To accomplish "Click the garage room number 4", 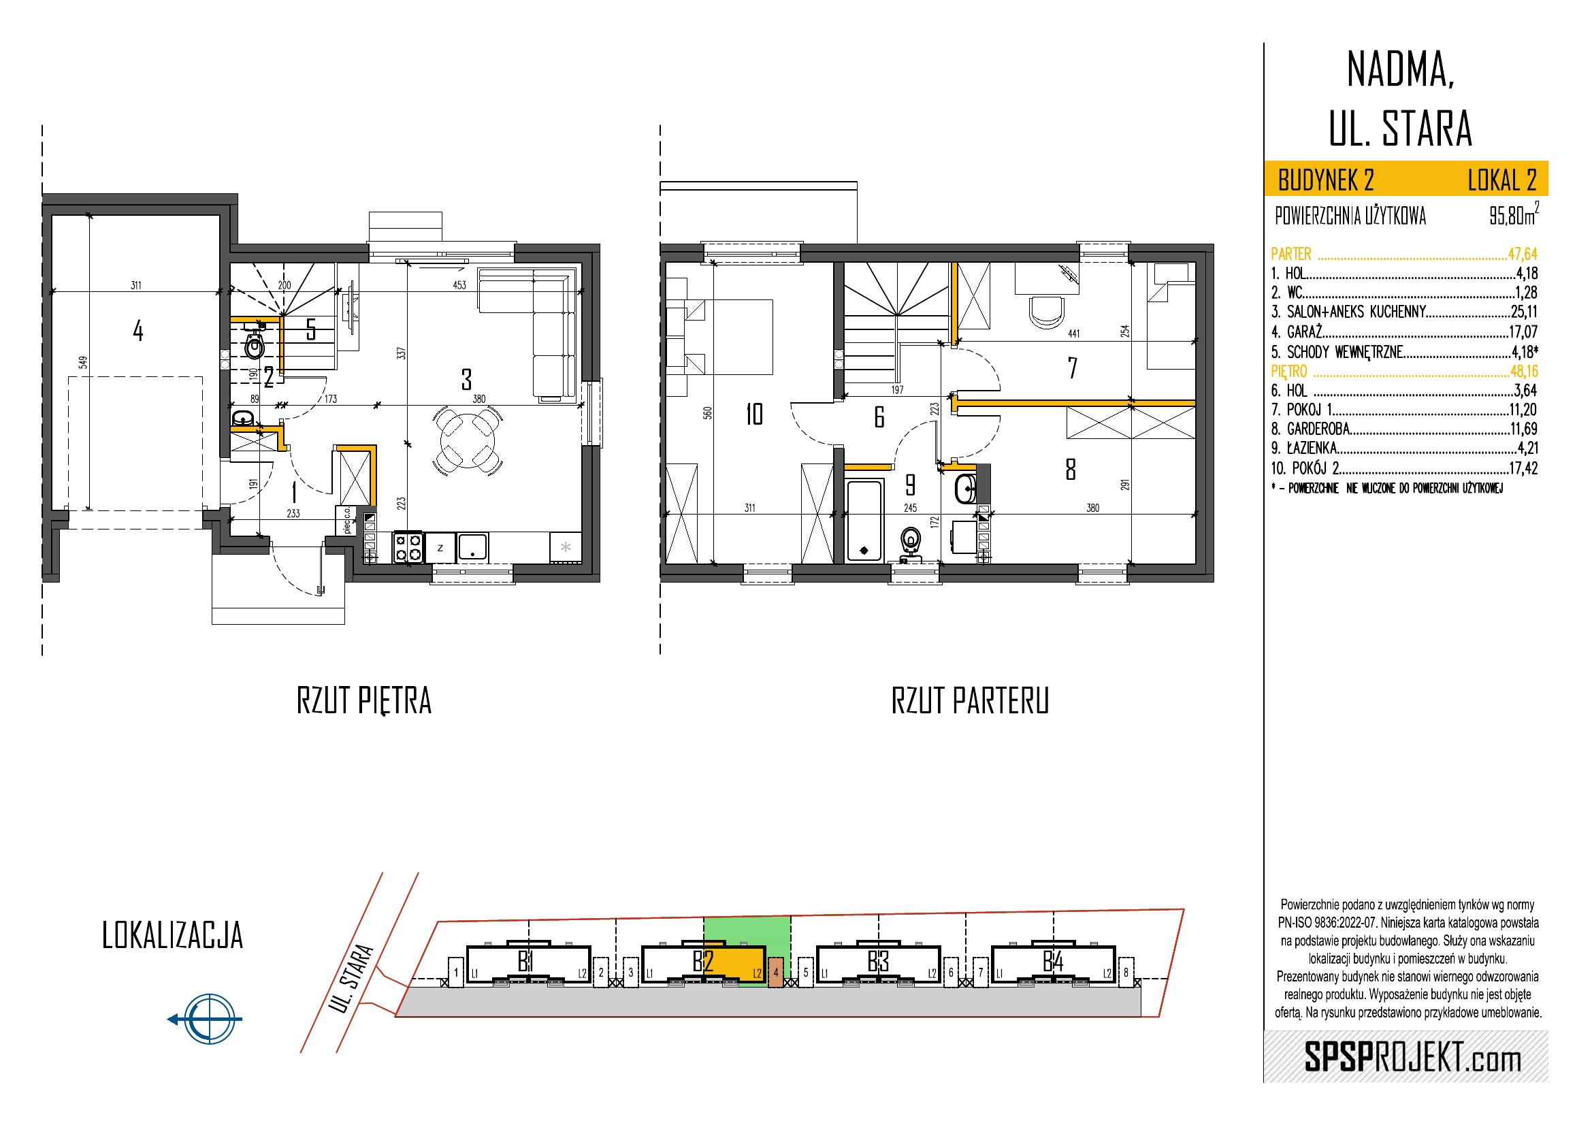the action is pyautogui.click(x=138, y=332).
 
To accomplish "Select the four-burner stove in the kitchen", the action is pyautogui.click(x=408, y=547).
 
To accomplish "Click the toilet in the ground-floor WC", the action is pyautogui.click(x=255, y=342).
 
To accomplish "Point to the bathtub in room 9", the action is pyautogui.click(x=864, y=521).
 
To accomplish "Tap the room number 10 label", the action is pyautogui.click(x=753, y=414).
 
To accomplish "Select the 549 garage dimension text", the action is pyautogui.click(x=83, y=363).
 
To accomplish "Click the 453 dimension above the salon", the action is pyautogui.click(x=459, y=285).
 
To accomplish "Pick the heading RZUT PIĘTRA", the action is pyautogui.click(x=364, y=702).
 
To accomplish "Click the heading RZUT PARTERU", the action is pyautogui.click(x=970, y=702).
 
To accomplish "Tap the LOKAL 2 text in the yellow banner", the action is pyautogui.click(x=1503, y=181).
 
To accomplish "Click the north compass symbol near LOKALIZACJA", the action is pyautogui.click(x=206, y=1019).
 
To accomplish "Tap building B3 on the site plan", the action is pyautogui.click(x=878, y=963).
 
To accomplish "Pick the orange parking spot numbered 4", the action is pyautogui.click(x=777, y=973).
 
